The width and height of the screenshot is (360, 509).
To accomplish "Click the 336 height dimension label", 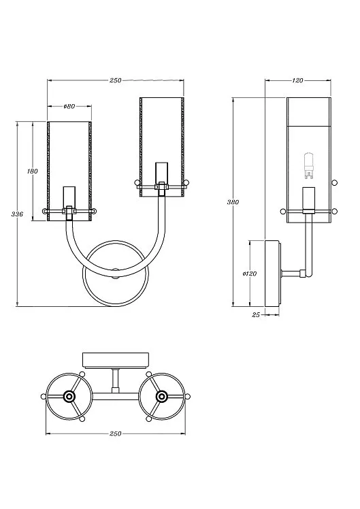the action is (x=17, y=214).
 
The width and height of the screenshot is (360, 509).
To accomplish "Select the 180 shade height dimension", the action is (x=33, y=171).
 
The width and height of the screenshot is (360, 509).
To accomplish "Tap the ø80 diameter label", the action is (x=69, y=106).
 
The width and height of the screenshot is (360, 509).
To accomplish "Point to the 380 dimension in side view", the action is (x=233, y=202).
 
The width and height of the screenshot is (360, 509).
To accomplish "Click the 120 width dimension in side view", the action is (x=297, y=80).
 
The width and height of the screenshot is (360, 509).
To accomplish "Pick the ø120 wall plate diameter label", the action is (x=250, y=274).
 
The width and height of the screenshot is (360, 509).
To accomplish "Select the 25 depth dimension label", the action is (x=256, y=314).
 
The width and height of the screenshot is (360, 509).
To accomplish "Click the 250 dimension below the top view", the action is (x=115, y=433).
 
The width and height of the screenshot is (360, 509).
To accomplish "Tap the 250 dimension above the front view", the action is (x=115, y=80).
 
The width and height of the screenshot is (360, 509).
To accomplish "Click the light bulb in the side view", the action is (x=308, y=165).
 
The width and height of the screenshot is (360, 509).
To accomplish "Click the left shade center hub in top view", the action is (x=69, y=396).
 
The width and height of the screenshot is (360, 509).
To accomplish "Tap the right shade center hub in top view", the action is (x=162, y=396).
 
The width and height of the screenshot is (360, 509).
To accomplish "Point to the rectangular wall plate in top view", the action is (x=116, y=360).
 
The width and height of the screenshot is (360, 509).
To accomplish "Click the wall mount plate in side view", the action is (x=272, y=274).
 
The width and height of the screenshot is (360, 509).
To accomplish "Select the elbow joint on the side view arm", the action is (x=303, y=274).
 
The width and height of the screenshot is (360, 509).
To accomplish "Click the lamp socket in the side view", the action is (x=309, y=199).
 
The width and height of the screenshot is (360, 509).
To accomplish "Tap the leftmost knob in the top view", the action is (x=43, y=396).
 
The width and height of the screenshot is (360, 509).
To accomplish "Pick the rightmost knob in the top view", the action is (x=188, y=396).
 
